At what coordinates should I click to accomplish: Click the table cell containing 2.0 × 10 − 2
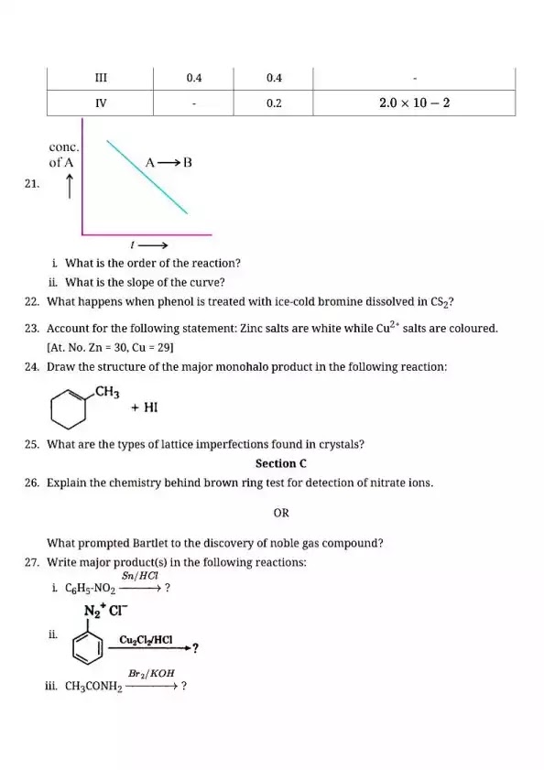[414, 103]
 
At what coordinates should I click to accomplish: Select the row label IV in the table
[102, 103]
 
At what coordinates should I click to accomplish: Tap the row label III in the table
[102, 78]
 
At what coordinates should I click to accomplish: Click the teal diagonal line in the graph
[147, 178]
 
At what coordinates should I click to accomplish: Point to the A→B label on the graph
[169, 163]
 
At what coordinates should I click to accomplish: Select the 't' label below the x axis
[135, 245]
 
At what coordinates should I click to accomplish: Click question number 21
[33, 183]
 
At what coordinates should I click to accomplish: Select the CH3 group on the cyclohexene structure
[107, 393]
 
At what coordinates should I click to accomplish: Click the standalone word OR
[281, 513]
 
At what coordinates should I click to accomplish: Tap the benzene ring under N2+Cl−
[89, 647]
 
